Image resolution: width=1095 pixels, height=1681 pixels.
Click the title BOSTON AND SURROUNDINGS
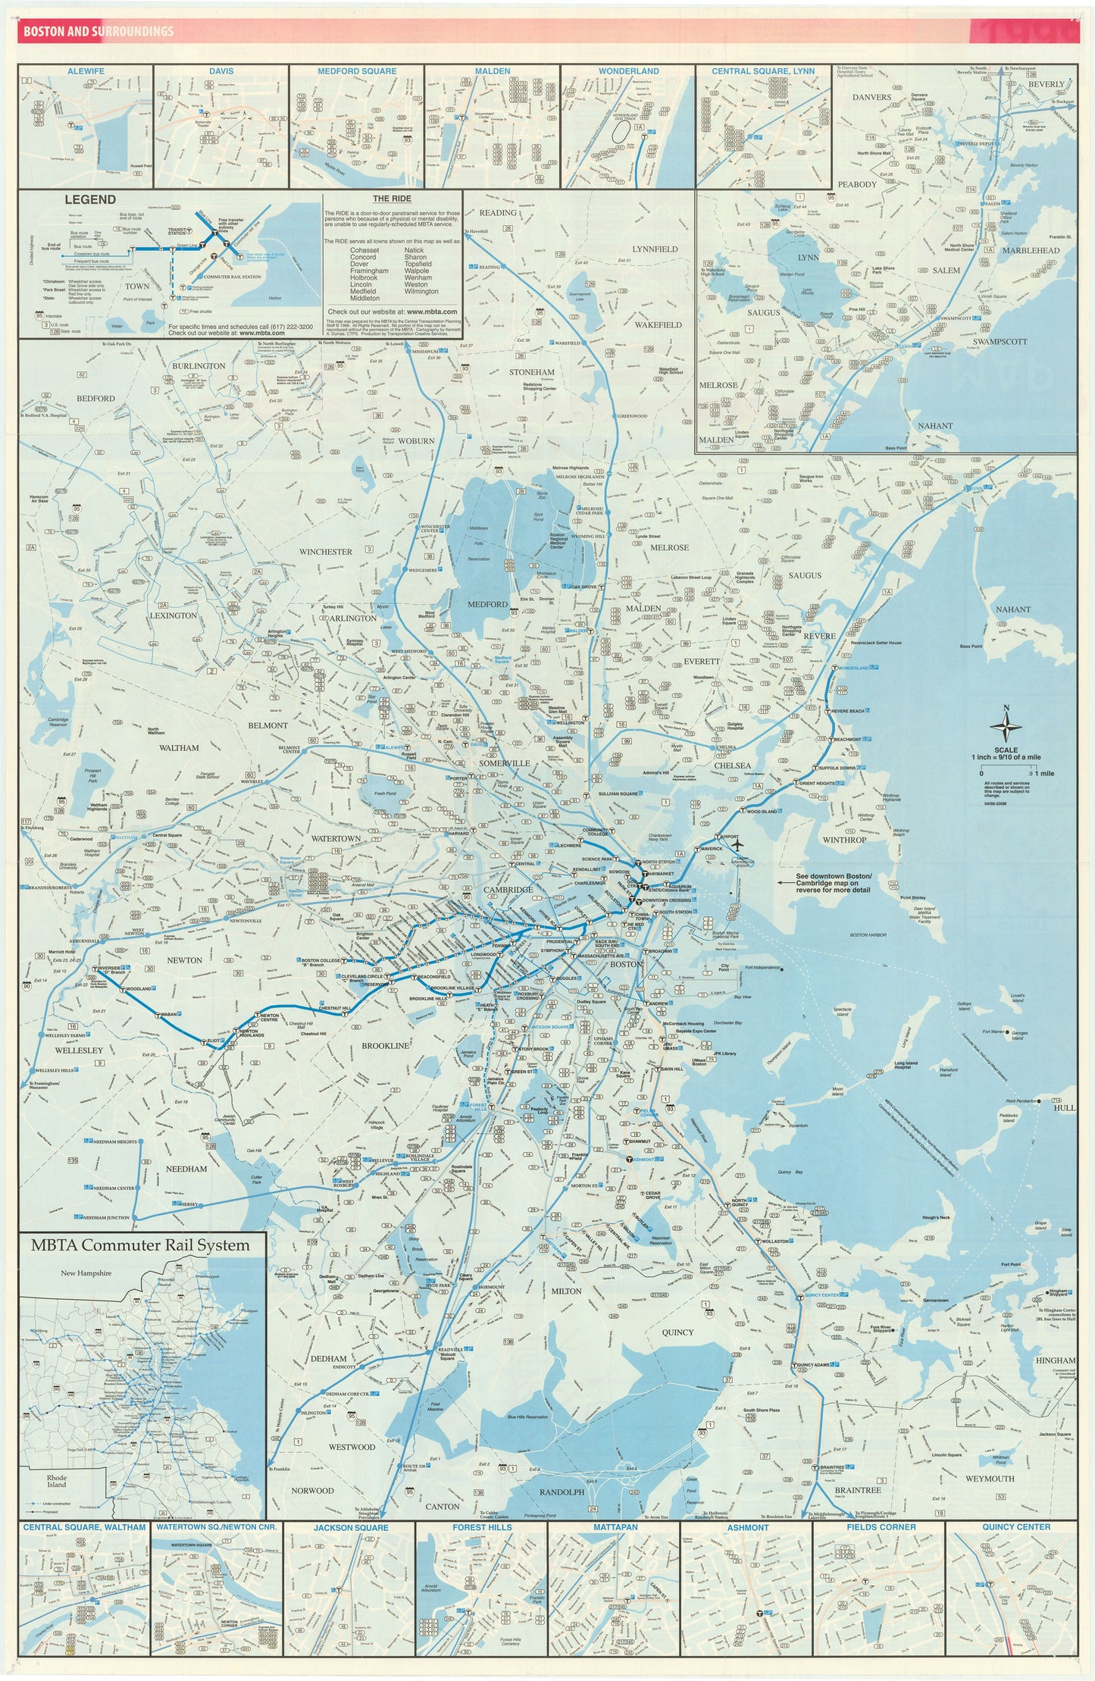(x=99, y=32)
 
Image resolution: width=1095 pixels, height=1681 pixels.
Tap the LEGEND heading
(x=90, y=199)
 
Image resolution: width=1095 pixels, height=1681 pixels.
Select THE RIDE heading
(x=392, y=199)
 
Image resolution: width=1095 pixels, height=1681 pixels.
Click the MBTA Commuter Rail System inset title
(x=140, y=1244)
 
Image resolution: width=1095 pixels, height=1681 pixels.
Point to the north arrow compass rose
(x=1006, y=727)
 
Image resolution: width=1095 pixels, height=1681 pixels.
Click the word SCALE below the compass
(x=1006, y=750)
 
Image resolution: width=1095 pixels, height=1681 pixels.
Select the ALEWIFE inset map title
(x=86, y=71)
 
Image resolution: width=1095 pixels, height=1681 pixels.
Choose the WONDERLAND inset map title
(x=628, y=71)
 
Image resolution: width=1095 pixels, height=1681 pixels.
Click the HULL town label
(x=1064, y=1107)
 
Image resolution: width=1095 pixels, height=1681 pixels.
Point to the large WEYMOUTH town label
(x=990, y=1479)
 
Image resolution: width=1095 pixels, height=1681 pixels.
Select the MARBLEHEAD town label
(x=1030, y=251)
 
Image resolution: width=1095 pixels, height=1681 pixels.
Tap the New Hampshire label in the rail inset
(x=86, y=1273)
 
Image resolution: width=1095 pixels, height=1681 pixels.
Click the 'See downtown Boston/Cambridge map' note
(x=833, y=883)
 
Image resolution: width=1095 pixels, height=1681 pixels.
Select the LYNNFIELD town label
(x=655, y=249)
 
